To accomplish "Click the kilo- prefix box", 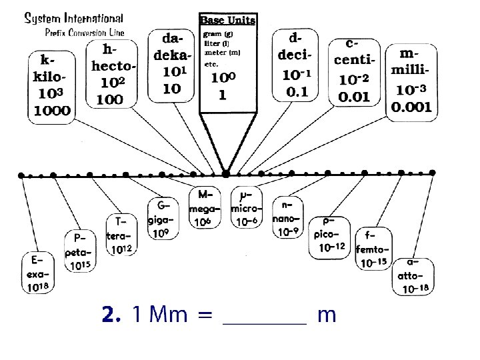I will tap(50, 85).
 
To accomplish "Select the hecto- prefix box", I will tap(114, 74).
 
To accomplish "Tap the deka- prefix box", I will tap(171, 65).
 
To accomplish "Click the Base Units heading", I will tap(227, 20).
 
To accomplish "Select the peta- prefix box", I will tap(80, 251).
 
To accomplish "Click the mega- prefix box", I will tap(204, 207).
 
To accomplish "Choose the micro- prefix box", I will tap(246, 207).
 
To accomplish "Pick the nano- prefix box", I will tap(287, 218).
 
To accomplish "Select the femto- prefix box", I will tap(373, 249).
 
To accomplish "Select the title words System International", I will tap(73, 19).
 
